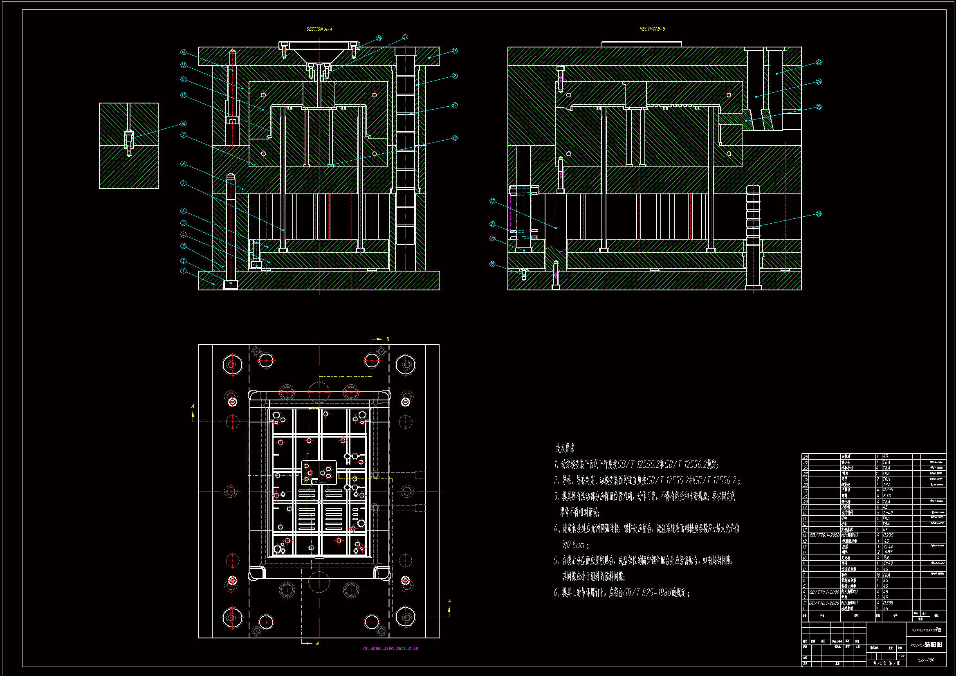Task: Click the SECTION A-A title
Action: point(319,29)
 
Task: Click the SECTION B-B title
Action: point(653,29)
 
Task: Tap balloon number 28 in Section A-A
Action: point(379,38)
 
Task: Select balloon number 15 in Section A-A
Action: point(455,51)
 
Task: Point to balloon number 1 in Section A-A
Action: point(183,271)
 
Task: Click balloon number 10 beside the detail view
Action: point(183,124)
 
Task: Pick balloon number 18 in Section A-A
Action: point(455,138)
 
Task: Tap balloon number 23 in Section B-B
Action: point(819,62)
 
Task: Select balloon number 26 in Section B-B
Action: point(819,213)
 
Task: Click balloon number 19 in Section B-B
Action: point(492,264)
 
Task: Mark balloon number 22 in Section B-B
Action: point(492,201)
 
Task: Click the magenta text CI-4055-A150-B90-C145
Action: point(390,649)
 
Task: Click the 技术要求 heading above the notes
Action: point(565,448)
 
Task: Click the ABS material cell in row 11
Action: point(888,552)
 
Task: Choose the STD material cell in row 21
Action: point(887,496)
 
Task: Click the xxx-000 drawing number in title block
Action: point(926,660)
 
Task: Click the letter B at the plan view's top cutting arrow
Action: point(388,339)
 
